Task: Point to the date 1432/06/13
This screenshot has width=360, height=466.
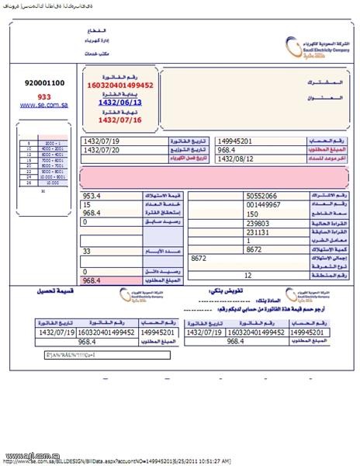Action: pos(120,102)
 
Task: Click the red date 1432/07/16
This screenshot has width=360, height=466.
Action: pos(120,119)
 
